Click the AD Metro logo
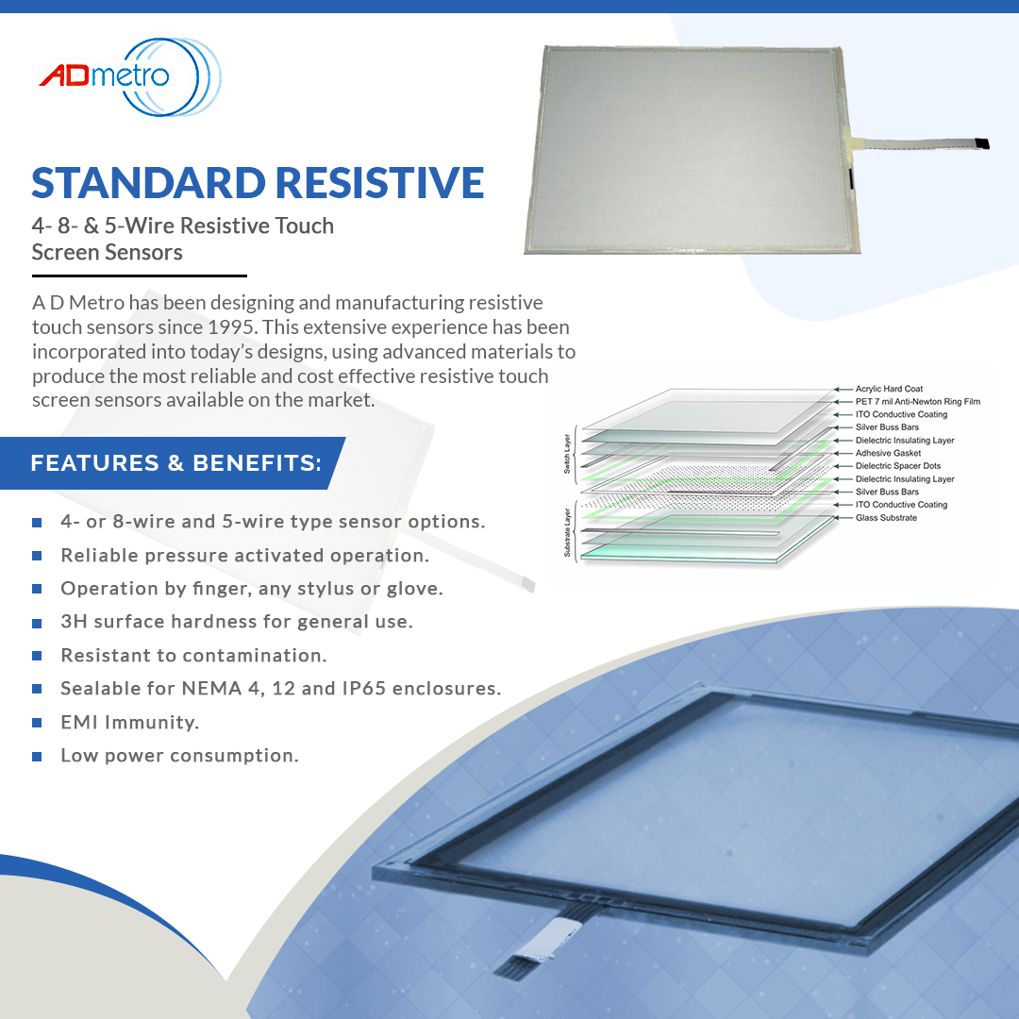point(130,76)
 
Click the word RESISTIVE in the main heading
point(380,183)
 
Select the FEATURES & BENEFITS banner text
point(176,462)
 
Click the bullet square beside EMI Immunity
point(37,723)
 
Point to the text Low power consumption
point(180,756)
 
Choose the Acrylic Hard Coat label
point(889,389)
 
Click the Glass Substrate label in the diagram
point(886,518)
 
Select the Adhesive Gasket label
point(889,453)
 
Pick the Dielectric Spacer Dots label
point(898,466)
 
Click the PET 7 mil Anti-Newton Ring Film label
point(918,402)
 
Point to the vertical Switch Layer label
point(567,454)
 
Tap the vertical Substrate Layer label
point(567,532)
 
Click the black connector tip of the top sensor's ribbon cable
point(981,143)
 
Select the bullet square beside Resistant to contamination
point(37,656)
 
